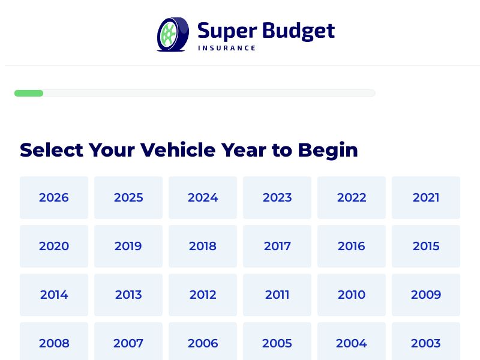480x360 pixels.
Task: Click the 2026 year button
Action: (x=54, y=197)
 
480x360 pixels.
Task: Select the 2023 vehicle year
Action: (x=277, y=197)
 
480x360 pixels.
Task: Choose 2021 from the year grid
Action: (x=426, y=197)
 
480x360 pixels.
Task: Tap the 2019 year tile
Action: (x=128, y=246)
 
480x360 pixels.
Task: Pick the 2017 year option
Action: (x=277, y=246)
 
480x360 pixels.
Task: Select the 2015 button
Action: (x=426, y=246)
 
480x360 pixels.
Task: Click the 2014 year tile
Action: (x=54, y=295)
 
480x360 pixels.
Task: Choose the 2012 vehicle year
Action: (x=203, y=295)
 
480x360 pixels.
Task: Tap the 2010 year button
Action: (x=352, y=295)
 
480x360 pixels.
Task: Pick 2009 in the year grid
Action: (x=426, y=295)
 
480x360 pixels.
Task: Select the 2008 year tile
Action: (x=54, y=343)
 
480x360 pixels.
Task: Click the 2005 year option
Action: (x=277, y=343)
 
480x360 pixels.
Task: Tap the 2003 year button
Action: (x=426, y=343)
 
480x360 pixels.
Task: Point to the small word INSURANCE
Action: (x=227, y=48)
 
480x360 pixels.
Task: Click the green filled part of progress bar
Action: (x=29, y=93)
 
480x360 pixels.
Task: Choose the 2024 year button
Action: (x=203, y=197)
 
